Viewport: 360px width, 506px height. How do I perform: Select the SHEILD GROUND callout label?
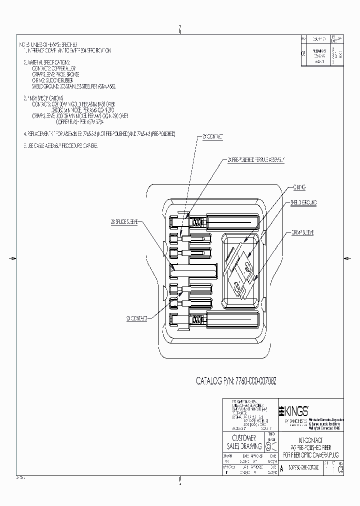pyautogui.click(x=303, y=202)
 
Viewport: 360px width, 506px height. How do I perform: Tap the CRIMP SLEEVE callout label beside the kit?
pyautogui.click(x=302, y=233)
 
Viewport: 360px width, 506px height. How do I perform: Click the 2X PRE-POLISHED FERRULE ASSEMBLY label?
pyautogui.click(x=256, y=160)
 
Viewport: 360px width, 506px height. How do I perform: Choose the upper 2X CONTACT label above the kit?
pyautogui.click(x=213, y=136)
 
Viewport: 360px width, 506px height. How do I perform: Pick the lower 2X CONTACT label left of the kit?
pyautogui.click(x=136, y=318)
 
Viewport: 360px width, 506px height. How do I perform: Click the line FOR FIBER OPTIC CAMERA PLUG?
pyautogui.click(x=310, y=455)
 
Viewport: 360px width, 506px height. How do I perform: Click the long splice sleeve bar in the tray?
pyautogui.click(x=194, y=270)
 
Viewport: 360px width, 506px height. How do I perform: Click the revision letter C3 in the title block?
pyautogui.click(x=340, y=468)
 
